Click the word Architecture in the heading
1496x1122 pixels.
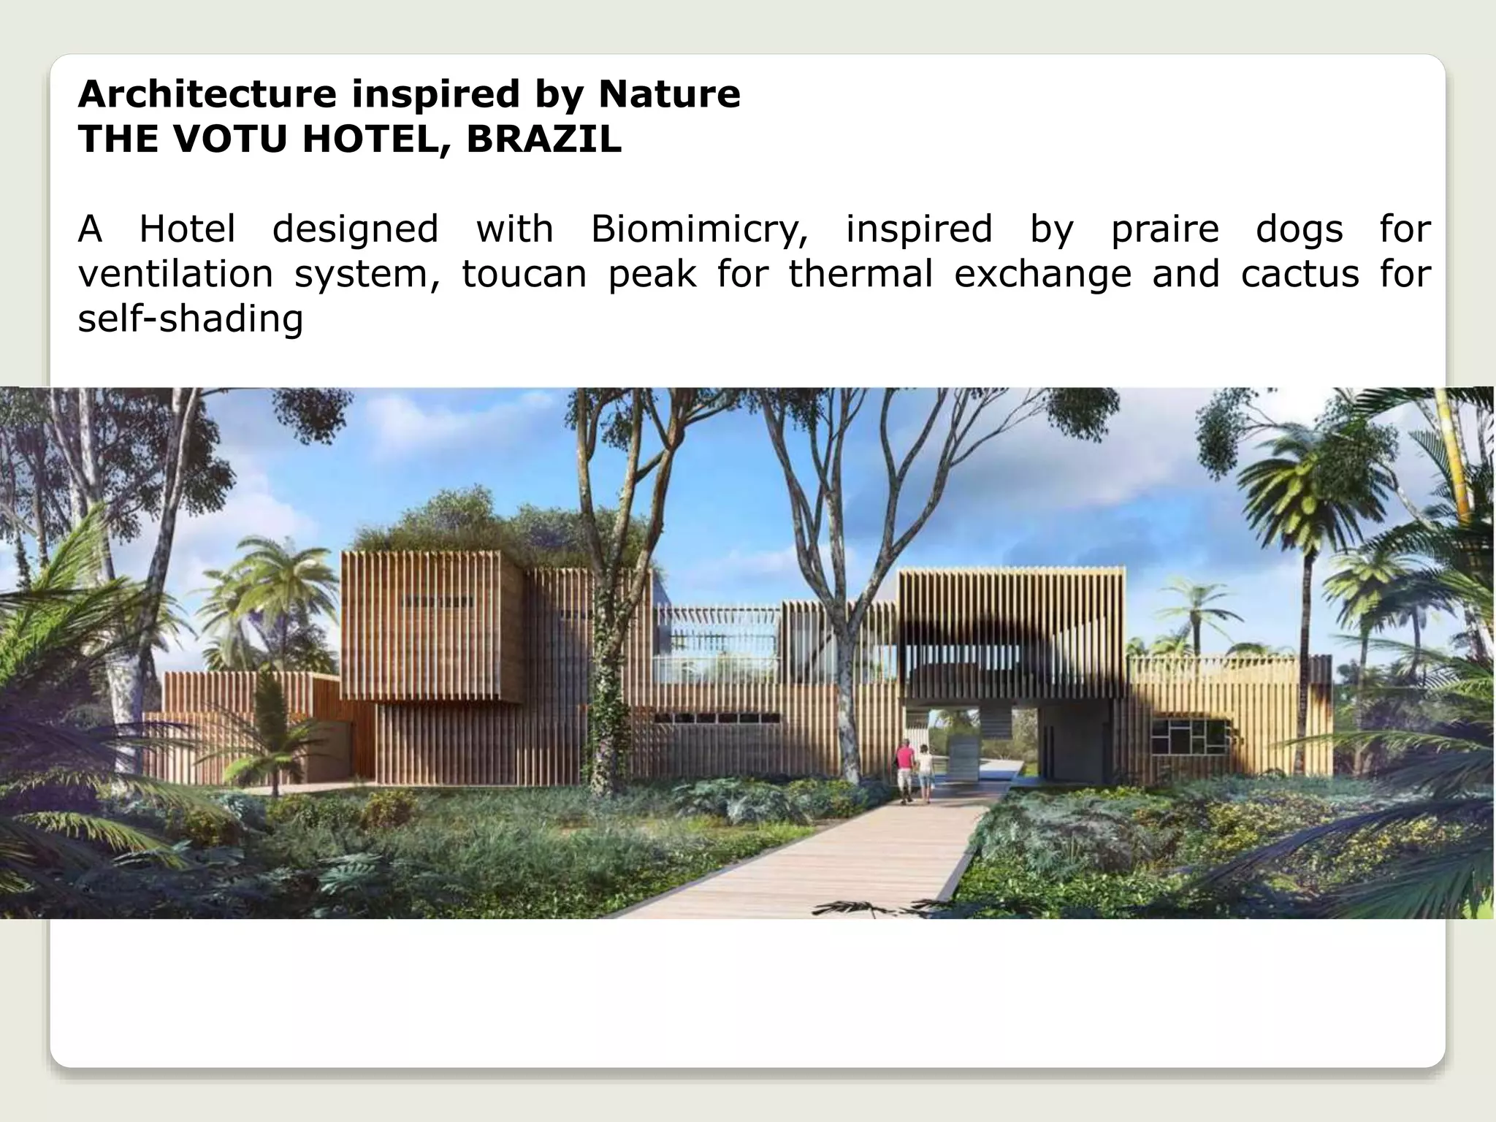point(207,94)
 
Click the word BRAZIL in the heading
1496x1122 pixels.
point(544,139)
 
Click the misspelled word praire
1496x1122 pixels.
point(1165,229)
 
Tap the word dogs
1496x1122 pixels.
point(1300,229)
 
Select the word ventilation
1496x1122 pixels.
point(175,275)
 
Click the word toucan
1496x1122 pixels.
point(524,275)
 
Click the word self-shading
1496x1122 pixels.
point(191,319)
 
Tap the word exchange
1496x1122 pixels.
point(1042,275)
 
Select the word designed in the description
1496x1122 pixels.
point(355,229)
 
